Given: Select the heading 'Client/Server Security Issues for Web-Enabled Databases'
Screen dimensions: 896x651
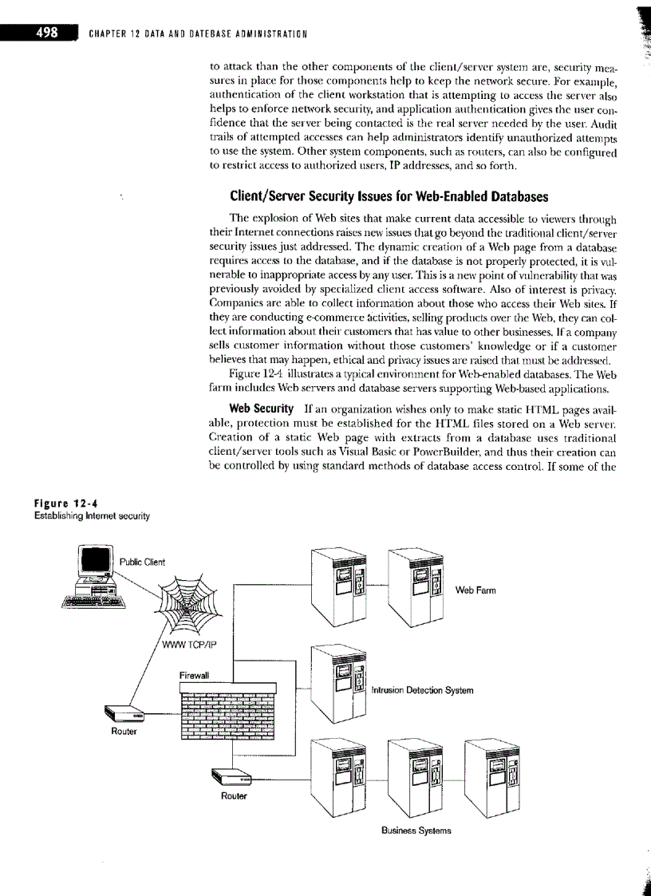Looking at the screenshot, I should click(x=389, y=195).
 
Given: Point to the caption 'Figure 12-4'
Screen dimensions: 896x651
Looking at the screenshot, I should click(x=60, y=504).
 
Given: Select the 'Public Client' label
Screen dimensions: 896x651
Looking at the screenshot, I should click(x=142, y=562).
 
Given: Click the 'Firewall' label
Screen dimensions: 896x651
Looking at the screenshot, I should click(x=194, y=674).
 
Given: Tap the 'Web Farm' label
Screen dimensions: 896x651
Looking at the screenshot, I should click(x=475, y=590).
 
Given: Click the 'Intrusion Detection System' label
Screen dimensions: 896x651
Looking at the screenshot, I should click(x=422, y=690).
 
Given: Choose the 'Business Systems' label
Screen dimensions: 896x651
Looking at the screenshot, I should click(x=416, y=830).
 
